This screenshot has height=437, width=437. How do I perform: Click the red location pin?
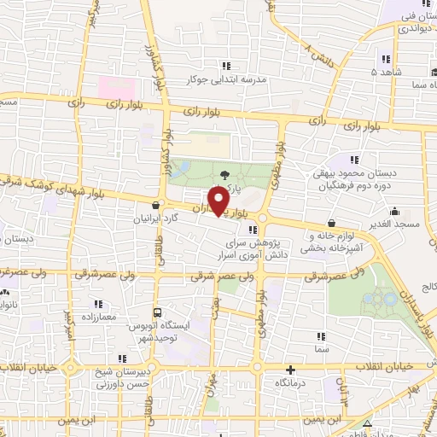point(219,200)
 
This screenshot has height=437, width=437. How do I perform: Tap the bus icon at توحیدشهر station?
point(156,312)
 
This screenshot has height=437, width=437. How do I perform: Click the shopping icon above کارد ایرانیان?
point(155,205)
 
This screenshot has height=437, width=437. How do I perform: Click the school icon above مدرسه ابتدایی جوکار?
point(226,65)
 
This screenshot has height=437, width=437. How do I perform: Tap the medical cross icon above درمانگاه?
point(291,370)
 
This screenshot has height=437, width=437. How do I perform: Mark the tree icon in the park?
point(224,175)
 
